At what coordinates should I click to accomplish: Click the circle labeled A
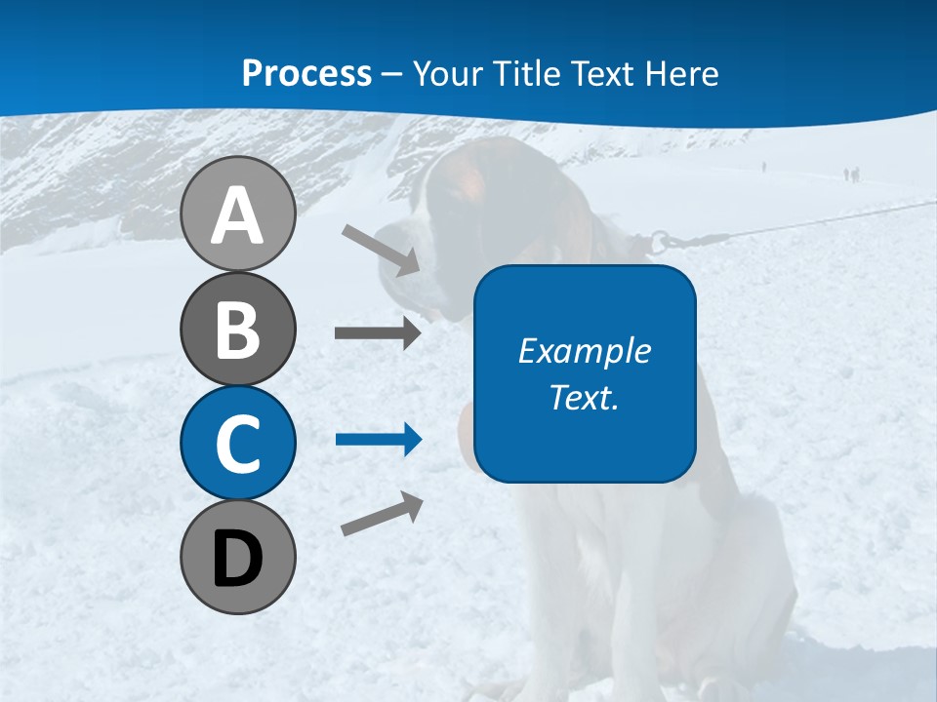(237, 214)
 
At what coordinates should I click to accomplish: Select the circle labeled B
(237, 330)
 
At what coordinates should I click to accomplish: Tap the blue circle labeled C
(237, 443)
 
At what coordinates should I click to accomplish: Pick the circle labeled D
(237, 557)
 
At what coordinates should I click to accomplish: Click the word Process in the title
(306, 73)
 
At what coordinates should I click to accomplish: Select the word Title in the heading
(529, 73)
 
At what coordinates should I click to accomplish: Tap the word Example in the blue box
(584, 351)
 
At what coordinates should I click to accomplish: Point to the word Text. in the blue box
(584, 397)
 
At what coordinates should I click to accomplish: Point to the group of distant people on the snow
(851, 175)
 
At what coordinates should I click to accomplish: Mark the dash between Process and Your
(391, 74)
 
